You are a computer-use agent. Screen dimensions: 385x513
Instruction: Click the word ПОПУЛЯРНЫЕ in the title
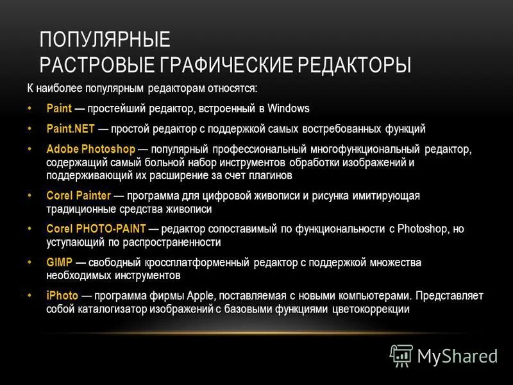[105, 40]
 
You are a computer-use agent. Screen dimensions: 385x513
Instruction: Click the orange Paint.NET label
[71, 129]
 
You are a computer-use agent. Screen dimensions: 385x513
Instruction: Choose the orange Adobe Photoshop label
[90, 150]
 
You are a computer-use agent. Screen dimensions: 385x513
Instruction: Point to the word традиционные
[78, 209]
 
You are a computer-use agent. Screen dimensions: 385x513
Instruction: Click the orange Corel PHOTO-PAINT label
[96, 229]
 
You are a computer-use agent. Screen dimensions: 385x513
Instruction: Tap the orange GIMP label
[58, 262]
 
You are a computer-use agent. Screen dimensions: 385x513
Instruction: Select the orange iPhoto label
[62, 296]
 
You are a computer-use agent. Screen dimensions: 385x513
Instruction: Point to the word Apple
[199, 296]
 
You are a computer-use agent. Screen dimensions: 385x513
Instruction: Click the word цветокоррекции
[371, 309]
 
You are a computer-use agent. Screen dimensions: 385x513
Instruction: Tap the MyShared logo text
[458, 355]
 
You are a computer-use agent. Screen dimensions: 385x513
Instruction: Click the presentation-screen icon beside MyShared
[401, 355]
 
